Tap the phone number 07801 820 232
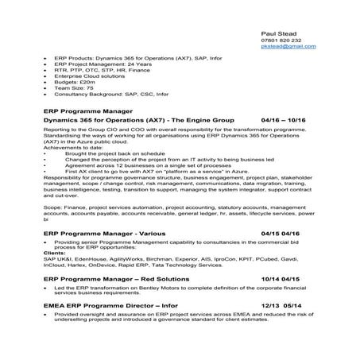pyautogui.click(x=281, y=40)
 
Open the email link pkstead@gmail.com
pyautogui.click(x=288, y=48)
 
